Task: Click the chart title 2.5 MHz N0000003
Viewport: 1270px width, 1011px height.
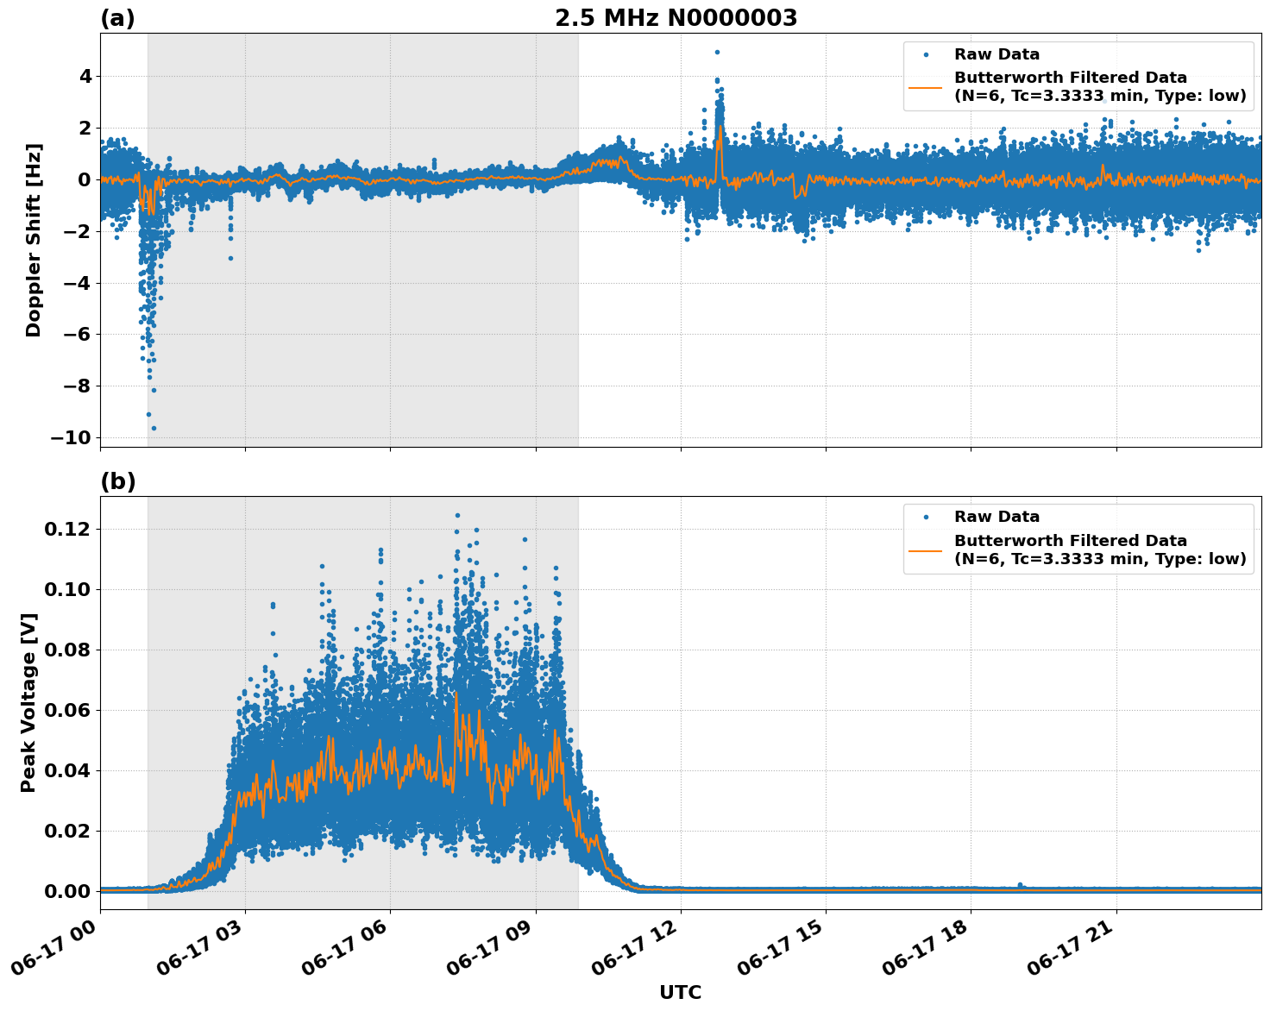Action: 676,18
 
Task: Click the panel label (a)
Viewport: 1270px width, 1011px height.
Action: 117,18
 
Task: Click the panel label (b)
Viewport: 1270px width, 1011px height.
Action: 117,481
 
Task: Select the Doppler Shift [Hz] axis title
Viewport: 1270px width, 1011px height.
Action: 34,240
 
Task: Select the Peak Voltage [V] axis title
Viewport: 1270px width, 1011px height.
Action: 28,703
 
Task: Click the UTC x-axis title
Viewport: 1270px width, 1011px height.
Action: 680,992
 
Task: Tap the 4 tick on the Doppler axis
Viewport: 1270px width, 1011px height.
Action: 85,77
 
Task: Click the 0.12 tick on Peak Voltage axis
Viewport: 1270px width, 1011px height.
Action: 67,529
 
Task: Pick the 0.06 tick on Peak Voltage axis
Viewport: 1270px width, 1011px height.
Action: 67,710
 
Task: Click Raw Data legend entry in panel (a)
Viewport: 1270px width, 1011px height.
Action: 997,54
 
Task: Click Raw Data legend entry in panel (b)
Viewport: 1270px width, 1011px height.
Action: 997,517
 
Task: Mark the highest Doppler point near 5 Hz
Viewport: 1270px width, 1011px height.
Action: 717,52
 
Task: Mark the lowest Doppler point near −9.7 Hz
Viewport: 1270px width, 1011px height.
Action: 154,428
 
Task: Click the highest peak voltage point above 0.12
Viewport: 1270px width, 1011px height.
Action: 457,515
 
